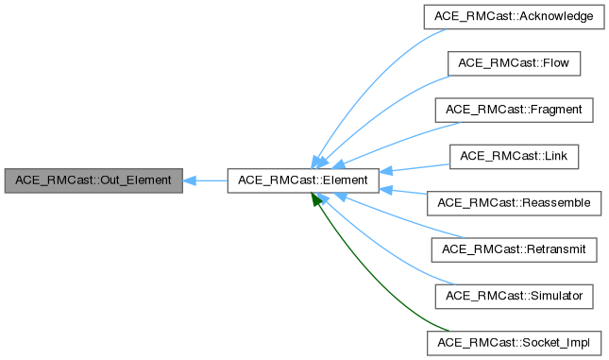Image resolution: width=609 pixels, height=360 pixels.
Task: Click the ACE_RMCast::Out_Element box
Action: [x=93, y=180]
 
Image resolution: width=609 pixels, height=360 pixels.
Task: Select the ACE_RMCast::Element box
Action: [x=302, y=180]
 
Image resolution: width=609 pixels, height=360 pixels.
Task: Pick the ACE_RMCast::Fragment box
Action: [x=514, y=110]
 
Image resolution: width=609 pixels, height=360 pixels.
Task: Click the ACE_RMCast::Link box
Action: [x=514, y=156]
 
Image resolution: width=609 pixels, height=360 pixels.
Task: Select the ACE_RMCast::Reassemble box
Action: [x=514, y=202]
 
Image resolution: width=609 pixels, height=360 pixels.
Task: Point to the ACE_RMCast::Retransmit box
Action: [x=514, y=249]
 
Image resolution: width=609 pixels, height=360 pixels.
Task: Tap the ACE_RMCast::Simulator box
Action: [x=514, y=295]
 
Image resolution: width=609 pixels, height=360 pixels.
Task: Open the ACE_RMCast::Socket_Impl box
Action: [x=514, y=341]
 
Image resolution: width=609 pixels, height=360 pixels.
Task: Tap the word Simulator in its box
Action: [x=550, y=295]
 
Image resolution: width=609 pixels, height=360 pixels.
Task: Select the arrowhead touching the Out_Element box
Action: [x=189, y=180]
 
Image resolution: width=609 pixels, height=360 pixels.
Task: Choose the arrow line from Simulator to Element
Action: [x=378, y=250]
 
